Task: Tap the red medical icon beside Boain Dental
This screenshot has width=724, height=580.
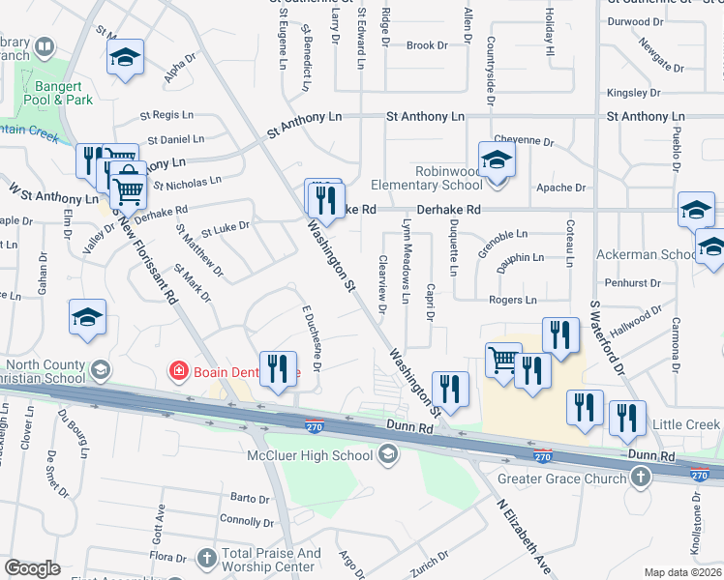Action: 177,369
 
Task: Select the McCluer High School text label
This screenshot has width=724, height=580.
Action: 323,455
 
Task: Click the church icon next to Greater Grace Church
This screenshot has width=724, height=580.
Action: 640,477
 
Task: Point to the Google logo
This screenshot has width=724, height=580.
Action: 32,568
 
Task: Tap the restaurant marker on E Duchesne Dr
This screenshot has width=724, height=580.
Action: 278,370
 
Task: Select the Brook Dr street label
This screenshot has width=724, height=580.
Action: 427,45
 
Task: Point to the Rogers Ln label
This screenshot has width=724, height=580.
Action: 512,301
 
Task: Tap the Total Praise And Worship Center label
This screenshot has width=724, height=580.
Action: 271,560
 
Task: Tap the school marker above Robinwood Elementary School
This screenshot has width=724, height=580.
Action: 497,159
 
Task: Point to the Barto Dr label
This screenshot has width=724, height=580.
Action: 250,499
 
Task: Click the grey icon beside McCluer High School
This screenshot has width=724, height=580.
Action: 388,454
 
